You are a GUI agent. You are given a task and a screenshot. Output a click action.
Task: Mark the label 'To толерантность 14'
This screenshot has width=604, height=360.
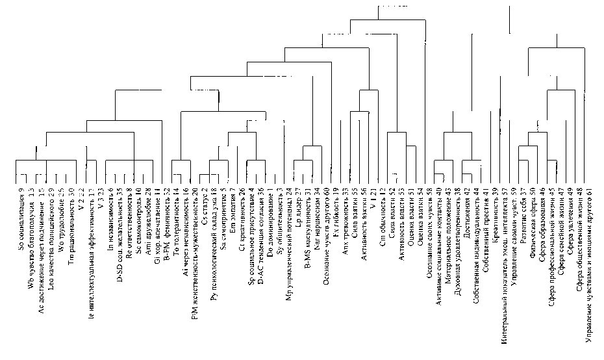[176, 214]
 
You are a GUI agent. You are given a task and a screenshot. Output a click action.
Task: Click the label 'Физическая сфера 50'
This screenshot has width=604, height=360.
[533, 214]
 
